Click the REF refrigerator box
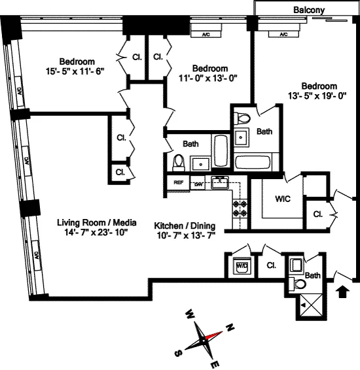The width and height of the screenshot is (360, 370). click(x=177, y=184)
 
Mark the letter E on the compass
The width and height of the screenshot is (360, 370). click(x=216, y=363)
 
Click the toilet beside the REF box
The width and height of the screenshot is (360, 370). click(x=177, y=160)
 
